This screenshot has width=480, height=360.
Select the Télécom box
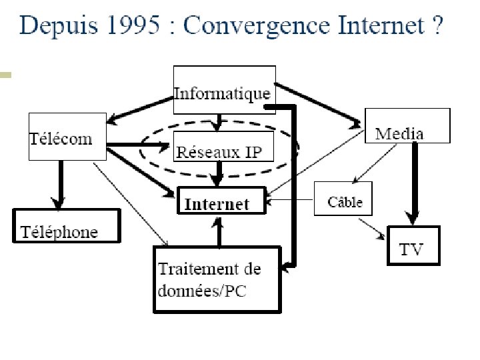point(67,136)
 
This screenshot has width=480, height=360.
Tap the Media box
point(408,126)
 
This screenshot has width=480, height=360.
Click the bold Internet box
point(221,201)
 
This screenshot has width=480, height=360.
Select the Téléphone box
point(67,226)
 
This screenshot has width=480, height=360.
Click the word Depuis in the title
point(57,26)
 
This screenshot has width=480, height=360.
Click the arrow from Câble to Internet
point(290,199)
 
